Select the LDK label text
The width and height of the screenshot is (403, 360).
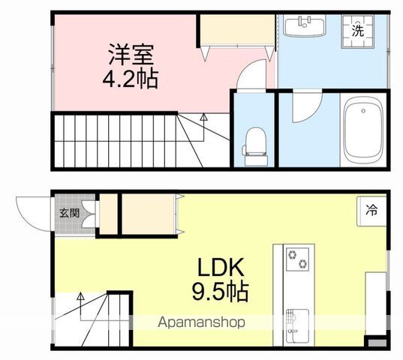click(x=223, y=268)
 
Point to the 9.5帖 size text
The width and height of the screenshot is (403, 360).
click(x=223, y=291)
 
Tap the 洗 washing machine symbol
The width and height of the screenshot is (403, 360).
click(x=358, y=31)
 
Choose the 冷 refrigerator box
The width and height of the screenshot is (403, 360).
click(x=371, y=211)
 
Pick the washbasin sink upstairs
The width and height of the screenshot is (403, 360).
click(x=304, y=28)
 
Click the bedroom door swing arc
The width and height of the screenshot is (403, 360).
click(x=251, y=75)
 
